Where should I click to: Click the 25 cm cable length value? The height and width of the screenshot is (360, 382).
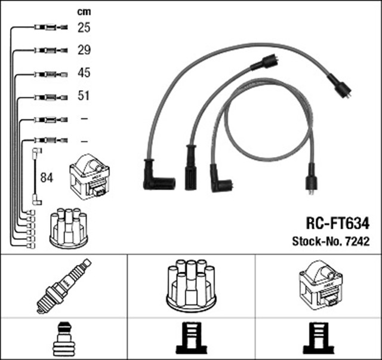pos(84,27)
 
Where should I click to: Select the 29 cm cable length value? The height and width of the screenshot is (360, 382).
pos(84,50)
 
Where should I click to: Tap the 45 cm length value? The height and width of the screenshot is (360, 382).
pos(84,73)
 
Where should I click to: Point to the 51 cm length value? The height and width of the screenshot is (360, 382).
pos(84,96)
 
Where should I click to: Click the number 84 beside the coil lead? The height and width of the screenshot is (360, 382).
pos(47,177)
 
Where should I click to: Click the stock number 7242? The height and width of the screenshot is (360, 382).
pos(357,242)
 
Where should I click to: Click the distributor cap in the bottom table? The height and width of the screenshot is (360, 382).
pos(191,285)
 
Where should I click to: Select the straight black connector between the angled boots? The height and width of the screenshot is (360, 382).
pos(191,168)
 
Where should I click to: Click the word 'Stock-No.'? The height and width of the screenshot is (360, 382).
pos(315,242)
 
